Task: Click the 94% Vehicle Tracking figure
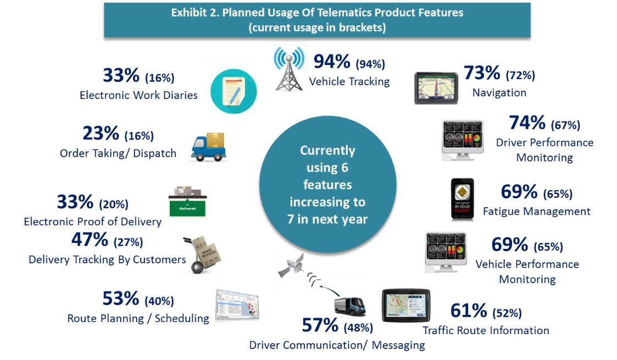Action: tap(332, 62)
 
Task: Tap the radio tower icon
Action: tap(289, 69)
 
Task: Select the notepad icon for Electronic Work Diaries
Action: tap(234, 91)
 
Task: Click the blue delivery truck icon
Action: tap(209, 147)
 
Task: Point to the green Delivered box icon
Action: tap(188, 202)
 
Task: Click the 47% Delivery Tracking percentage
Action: tap(90, 240)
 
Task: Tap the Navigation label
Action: tap(499, 93)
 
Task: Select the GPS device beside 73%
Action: tap(436, 88)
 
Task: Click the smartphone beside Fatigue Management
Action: tap(463, 199)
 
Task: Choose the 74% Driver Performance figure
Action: tap(527, 123)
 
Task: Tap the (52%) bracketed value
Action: tap(507, 313)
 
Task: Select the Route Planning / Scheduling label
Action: tap(138, 319)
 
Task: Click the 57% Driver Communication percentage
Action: tap(320, 325)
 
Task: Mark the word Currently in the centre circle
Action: tap(327, 151)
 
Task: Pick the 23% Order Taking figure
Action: tap(101, 134)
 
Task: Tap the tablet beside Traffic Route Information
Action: tap(406, 305)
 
